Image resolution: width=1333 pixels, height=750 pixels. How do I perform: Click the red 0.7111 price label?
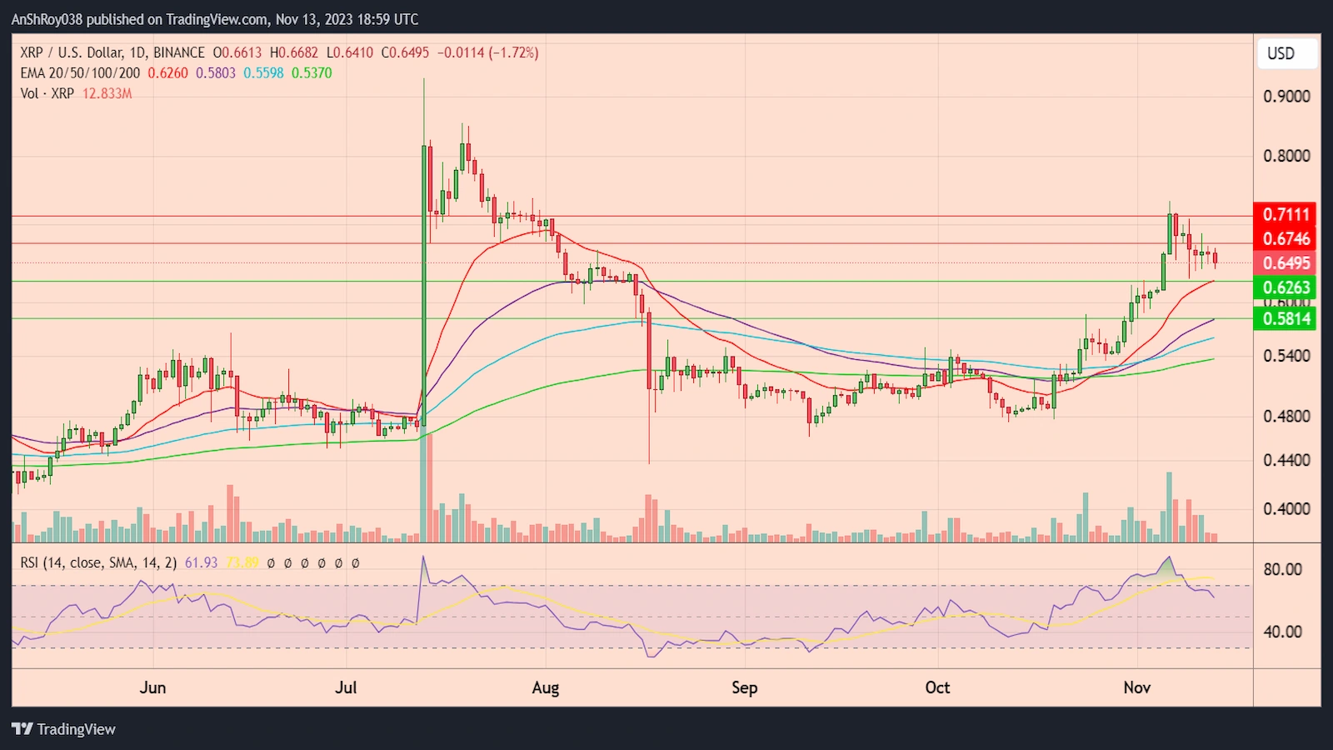coord(1286,214)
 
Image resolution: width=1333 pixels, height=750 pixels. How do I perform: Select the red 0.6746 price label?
coord(1286,239)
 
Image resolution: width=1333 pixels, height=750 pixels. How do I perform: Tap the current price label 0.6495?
coord(1286,263)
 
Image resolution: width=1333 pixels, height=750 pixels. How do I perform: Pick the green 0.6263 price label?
coord(1286,287)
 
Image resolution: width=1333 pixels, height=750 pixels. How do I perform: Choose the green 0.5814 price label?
coord(1286,318)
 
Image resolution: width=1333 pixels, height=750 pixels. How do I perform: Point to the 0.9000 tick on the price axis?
coord(1286,97)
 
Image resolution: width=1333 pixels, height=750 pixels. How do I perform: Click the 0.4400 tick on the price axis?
coord(1286,460)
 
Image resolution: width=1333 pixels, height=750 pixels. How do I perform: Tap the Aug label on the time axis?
coord(546,687)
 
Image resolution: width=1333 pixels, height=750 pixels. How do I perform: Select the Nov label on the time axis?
coord(1136,687)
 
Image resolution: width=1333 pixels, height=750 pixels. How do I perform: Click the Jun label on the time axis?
coord(152,687)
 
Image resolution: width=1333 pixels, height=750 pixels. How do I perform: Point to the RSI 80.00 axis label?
coord(1282,570)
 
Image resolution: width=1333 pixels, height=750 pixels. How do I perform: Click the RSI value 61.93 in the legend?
coord(201,563)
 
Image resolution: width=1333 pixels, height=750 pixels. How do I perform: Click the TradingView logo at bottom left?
coord(63,729)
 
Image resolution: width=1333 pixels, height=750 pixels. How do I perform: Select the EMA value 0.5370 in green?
coord(312,73)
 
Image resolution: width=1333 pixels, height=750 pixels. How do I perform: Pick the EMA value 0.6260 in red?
coord(167,73)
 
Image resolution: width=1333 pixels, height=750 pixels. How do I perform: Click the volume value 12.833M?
coord(107,93)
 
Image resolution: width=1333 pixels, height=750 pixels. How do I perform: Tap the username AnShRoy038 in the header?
coord(47,19)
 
